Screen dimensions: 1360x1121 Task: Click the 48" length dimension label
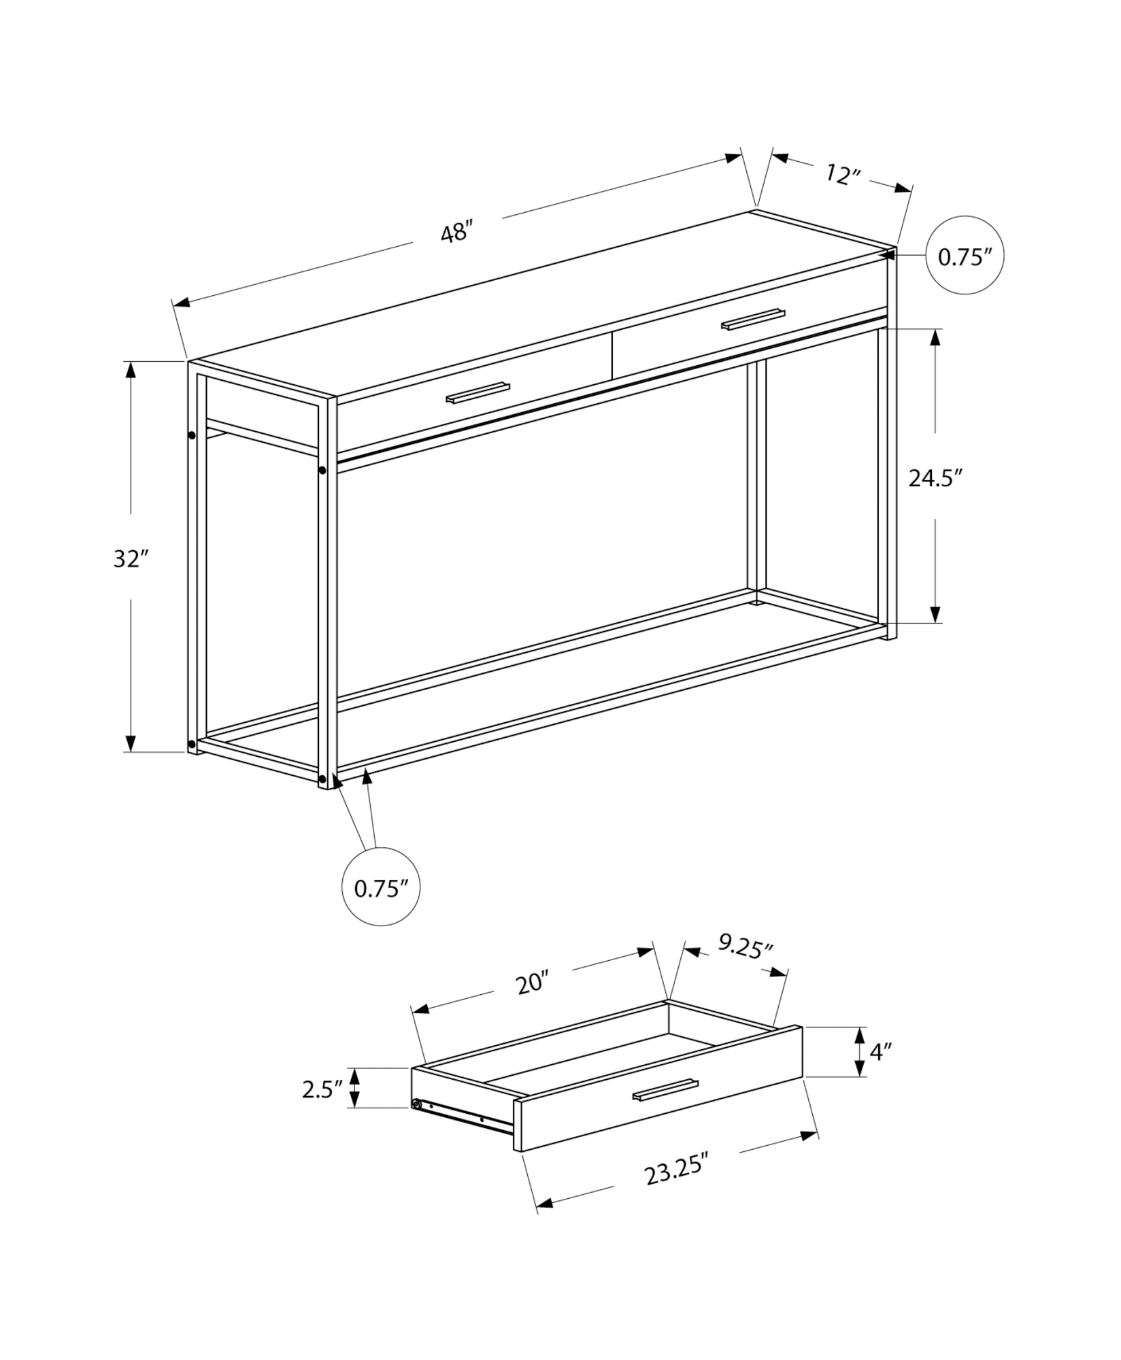click(x=456, y=233)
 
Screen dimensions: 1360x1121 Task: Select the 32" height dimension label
click(x=131, y=559)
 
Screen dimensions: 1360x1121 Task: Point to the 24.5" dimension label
click(x=935, y=478)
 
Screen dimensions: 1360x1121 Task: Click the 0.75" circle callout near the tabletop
click(x=965, y=256)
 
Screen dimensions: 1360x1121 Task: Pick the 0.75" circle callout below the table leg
click(x=381, y=887)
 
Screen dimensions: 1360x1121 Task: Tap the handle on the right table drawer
click(x=753, y=318)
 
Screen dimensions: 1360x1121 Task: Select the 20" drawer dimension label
click(x=532, y=983)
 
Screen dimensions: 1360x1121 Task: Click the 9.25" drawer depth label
click(x=746, y=947)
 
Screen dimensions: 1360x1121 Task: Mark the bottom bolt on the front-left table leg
click(x=322, y=779)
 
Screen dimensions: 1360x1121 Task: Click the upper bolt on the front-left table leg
click(x=322, y=470)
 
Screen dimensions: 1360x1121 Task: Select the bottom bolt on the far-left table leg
click(x=192, y=743)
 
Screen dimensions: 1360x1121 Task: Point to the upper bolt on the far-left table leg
click(x=192, y=435)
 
